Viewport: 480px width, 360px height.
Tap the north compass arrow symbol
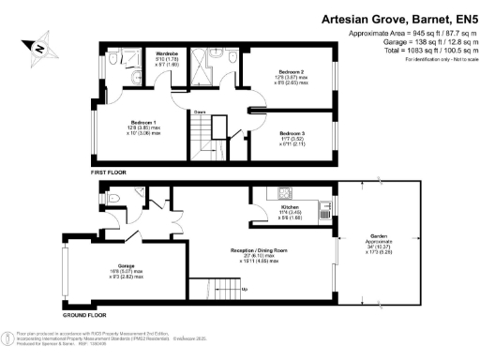pos(37,46)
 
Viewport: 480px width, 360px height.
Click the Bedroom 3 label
pos(288,134)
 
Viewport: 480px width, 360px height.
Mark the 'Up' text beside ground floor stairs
pos(246,289)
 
